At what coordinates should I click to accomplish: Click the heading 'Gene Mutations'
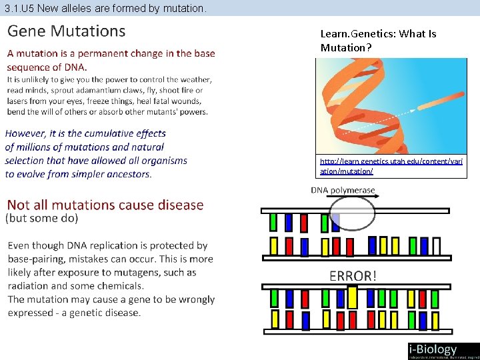[x=66, y=31]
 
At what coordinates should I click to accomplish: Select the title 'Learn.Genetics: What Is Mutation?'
[x=378, y=41]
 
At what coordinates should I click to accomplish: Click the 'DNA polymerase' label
[x=343, y=191]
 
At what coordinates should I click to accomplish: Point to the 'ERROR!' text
[x=353, y=276]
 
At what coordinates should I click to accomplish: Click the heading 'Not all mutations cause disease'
[x=105, y=205]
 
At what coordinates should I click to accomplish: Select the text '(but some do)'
[x=43, y=218]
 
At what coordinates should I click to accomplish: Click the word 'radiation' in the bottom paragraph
[x=27, y=286]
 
